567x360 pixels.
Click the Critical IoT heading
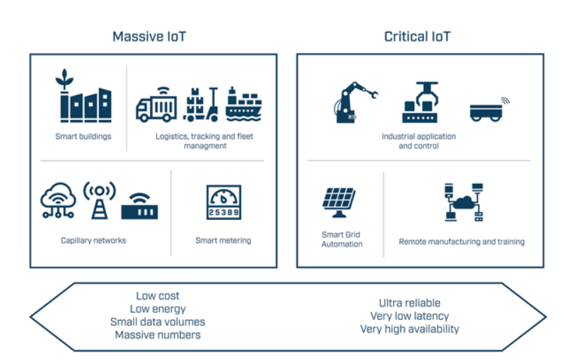417,36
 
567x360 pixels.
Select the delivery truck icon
156,104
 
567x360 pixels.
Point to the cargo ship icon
244,103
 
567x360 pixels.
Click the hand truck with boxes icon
201,104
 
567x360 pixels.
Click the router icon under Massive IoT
139,206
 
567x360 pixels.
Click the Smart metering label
223,240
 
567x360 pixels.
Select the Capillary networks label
93,240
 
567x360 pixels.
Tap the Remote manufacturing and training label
462,242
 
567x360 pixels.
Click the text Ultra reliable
410,303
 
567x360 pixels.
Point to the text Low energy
158,309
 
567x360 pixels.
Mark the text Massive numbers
158,335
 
